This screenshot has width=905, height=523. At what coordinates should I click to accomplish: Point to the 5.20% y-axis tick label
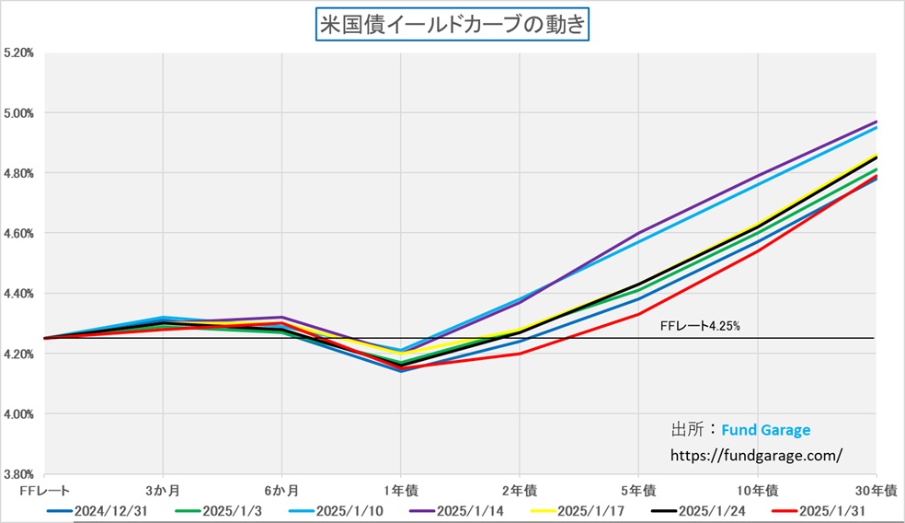(18, 53)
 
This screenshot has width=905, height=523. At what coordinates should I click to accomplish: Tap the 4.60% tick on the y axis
(18, 234)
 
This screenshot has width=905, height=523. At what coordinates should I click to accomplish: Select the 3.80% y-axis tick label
(18, 474)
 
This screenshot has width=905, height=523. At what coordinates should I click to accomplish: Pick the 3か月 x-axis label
(163, 488)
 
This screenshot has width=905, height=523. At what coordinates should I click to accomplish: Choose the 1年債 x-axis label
(401, 488)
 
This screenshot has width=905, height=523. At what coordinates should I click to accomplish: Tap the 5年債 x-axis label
(638, 488)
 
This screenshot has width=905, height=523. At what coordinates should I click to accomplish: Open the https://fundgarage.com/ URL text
(757, 455)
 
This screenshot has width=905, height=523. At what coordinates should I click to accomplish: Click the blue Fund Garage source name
(766, 430)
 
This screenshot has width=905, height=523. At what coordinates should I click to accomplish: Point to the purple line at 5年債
(638, 234)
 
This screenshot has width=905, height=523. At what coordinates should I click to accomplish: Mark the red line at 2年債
(520, 354)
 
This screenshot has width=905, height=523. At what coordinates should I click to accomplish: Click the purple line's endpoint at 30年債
(876, 122)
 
